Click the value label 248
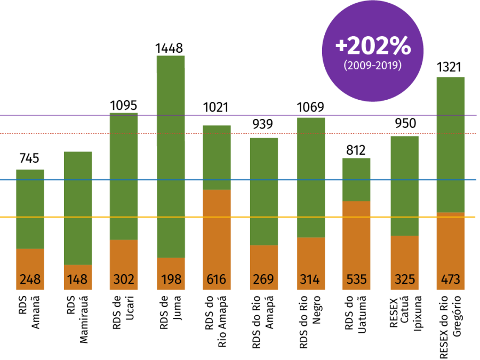tap(30, 279)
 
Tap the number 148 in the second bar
tap(77, 279)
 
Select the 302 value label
tap(124, 279)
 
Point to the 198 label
tap(171, 279)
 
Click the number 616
tap(217, 279)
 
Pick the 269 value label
tap(263, 279)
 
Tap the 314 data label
tap(310, 279)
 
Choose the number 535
tap(356, 279)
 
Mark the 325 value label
tap(404, 279)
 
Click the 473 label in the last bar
tap(451, 279)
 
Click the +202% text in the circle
tap(373, 47)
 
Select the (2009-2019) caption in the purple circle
tap(373, 66)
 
